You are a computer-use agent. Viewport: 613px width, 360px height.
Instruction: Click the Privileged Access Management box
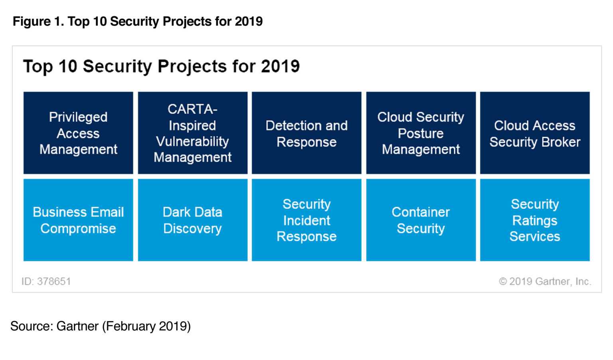coord(78,133)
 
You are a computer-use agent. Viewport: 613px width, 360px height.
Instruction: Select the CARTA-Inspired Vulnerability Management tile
coord(192,133)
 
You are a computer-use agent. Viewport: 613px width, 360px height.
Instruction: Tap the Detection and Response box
coord(306,133)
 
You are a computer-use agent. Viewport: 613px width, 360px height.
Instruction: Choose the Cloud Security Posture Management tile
coord(421,133)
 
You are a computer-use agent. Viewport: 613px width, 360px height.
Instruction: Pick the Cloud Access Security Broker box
coord(535,133)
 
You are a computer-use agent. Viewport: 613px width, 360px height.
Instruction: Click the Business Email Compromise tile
coord(78,220)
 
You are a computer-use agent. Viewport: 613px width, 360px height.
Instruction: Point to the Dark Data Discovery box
coord(192,220)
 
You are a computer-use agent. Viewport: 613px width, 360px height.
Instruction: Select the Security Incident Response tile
coord(306,220)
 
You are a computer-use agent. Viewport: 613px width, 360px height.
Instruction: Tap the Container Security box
coord(421,220)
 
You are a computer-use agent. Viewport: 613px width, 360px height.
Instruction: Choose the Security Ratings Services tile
coord(535,220)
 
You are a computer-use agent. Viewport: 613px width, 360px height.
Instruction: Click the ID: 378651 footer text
coord(46,281)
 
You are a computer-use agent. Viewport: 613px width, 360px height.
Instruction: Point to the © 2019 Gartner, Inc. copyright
coord(545,281)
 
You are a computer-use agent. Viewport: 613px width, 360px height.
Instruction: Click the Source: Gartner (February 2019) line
coord(101,326)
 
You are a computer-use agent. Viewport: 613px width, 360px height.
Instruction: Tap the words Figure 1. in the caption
coord(38,21)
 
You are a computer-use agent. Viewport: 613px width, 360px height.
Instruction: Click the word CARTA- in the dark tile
coord(192,109)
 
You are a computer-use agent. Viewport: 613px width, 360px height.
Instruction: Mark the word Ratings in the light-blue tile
coord(535,220)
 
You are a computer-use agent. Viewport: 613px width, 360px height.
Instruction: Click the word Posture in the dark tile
coord(421,133)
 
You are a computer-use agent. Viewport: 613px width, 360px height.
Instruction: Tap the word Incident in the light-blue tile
coord(306,220)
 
